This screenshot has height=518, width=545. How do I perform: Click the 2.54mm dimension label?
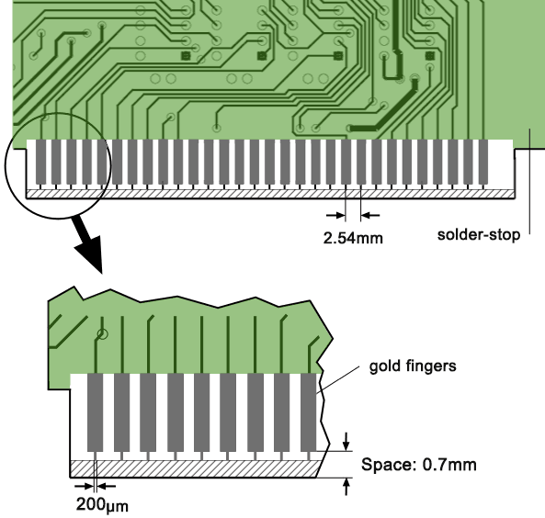351,239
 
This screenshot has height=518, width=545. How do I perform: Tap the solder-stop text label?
479,234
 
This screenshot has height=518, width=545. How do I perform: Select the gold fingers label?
413,366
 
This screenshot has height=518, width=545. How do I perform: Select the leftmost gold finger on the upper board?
40,161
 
